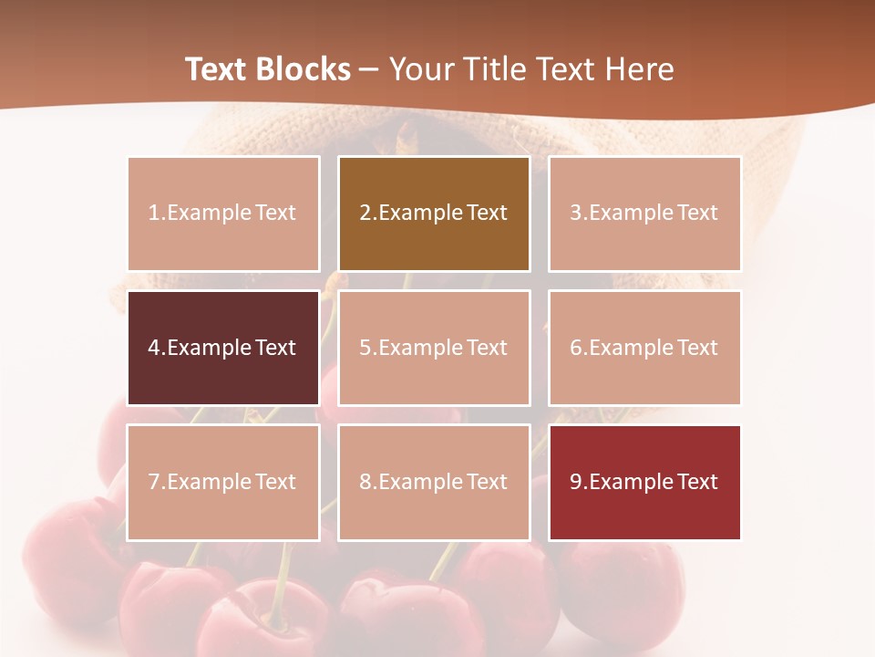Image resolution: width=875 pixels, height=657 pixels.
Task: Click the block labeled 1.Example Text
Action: (x=223, y=214)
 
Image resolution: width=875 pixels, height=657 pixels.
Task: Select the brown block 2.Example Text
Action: (x=434, y=214)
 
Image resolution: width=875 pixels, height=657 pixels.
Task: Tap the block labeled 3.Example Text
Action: (x=644, y=214)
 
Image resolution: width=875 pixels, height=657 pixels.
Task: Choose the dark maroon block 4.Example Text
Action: (x=223, y=348)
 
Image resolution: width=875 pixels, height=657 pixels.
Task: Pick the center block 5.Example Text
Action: (x=434, y=348)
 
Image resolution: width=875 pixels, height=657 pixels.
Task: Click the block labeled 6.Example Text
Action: (x=644, y=348)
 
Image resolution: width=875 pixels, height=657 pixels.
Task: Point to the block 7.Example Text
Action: (x=223, y=482)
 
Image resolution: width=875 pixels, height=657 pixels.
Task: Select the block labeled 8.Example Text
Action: (x=434, y=482)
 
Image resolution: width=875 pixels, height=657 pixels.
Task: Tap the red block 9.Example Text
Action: (x=644, y=482)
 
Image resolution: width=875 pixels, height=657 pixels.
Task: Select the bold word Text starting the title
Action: (x=218, y=69)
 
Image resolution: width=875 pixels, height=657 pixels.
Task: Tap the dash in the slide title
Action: (x=369, y=69)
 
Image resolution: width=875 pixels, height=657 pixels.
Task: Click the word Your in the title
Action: (x=420, y=69)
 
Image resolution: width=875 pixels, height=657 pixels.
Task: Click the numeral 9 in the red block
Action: (x=576, y=482)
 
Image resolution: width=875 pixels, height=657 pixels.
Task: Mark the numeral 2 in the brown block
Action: (x=365, y=214)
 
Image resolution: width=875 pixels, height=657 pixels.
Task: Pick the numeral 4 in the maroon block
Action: (x=154, y=348)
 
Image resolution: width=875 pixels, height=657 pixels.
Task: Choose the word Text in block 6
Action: (x=697, y=348)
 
